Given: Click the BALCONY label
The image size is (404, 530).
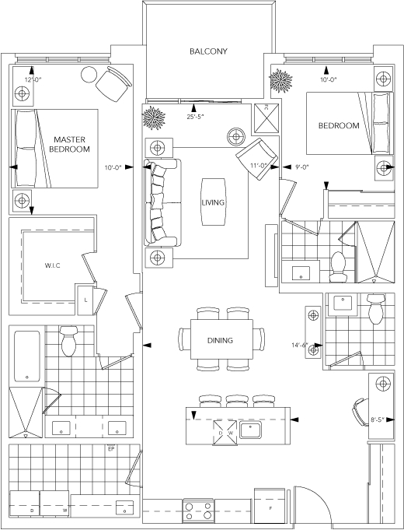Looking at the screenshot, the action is (x=208, y=51).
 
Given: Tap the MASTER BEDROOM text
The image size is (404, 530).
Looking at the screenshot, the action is (x=69, y=144).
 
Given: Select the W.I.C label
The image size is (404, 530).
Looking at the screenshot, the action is (x=53, y=265).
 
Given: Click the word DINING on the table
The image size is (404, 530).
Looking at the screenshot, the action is (x=220, y=340).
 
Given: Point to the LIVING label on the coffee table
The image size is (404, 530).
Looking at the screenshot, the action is (x=213, y=202).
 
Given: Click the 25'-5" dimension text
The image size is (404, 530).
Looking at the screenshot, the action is (x=196, y=117).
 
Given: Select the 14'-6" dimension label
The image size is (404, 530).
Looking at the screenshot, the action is (x=300, y=345).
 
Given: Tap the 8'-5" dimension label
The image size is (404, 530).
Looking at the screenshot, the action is (x=378, y=419).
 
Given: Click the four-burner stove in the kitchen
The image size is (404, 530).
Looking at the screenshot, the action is (x=198, y=511).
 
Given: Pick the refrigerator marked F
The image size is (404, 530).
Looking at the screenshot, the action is (x=270, y=506).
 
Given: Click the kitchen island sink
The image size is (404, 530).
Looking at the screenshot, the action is (x=250, y=430).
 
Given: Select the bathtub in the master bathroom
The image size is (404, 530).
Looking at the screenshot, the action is (x=27, y=356).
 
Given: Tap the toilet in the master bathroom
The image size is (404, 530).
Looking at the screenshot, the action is (x=69, y=342).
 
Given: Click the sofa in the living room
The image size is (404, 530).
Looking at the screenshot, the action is (x=162, y=202).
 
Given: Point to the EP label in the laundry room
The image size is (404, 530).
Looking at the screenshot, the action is (x=110, y=449).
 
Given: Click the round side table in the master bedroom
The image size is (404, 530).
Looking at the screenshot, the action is (x=89, y=75).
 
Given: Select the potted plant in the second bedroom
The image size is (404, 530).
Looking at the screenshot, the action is (x=280, y=80).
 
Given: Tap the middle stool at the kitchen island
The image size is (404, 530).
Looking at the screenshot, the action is (x=237, y=402).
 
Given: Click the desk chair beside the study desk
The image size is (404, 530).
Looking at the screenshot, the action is (x=360, y=412).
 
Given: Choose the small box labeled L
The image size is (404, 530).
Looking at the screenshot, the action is (x=85, y=300).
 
